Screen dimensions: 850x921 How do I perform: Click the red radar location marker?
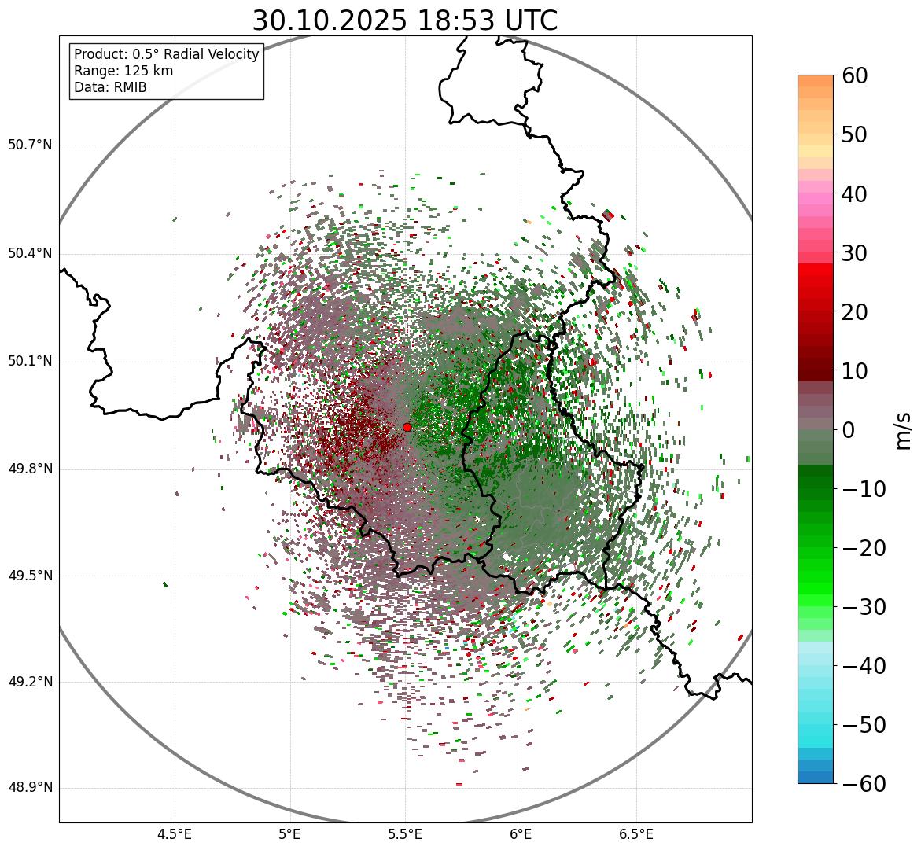(x=407, y=427)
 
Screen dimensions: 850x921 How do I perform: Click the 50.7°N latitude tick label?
(x=30, y=145)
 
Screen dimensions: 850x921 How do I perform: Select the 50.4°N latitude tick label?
(x=30, y=254)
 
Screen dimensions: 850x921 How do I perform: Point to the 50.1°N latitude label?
(x=30, y=362)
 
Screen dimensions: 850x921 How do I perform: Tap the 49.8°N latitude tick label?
(x=30, y=469)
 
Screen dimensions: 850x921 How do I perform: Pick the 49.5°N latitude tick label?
(x=30, y=576)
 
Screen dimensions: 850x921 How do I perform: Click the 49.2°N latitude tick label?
(x=30, y=683)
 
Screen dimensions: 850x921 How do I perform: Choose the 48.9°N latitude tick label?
(x=30, y=788)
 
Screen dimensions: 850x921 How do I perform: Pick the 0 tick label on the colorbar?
(x=849, y=430)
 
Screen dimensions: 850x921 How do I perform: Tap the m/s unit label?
(x=903, y=430)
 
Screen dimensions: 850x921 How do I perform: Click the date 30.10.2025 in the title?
(x=330, y=21)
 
